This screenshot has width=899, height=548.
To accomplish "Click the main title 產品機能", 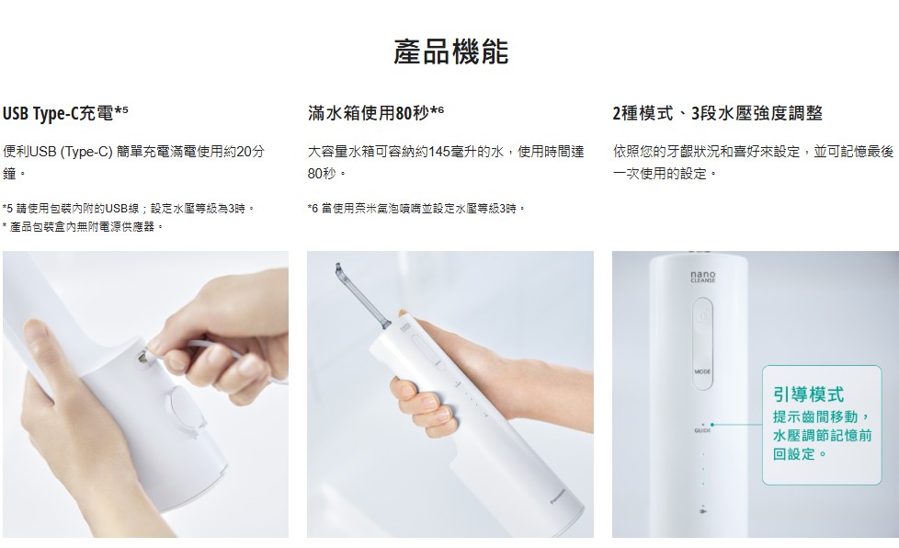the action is (450, 51).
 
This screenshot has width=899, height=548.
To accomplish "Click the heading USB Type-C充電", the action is (65, 113).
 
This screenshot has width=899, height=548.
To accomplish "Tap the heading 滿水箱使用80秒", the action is (376, 113).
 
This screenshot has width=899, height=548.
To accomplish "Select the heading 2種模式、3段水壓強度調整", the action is (717, 113).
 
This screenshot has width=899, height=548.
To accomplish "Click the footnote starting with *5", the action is (129, 208).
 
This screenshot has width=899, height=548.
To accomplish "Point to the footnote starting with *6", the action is (416, 208).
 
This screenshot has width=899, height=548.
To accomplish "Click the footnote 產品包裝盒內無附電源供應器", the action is (83, 227).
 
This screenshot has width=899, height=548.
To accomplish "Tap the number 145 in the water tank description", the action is (438, 152).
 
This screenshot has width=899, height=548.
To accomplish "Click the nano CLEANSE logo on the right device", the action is (703, 277).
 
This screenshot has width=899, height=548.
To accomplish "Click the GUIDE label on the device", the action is (702, 430).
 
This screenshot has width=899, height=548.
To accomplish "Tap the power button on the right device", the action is (703, 316).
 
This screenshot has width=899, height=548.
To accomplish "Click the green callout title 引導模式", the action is (808, 394).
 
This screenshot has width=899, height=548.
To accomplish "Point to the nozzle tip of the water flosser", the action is (338, 268).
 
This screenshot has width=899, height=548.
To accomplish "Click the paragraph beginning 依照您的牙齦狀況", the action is (753, 162).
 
